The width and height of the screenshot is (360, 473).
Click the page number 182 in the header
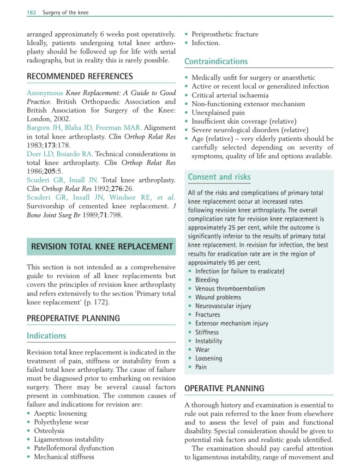click(x=31, y=12)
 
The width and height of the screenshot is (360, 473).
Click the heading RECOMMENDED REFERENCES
click(x=79, y=76)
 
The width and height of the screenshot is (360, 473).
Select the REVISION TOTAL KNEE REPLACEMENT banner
click(x=102, y=247)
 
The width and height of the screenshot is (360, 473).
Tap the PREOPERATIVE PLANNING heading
click(x=73, y=318)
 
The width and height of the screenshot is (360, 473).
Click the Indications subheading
click(x=46, y=336)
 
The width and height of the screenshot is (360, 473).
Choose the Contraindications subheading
click(x=216, y=61)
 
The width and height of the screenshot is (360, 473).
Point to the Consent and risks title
click(x=219, y=177)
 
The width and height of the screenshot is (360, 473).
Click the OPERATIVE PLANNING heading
click(x=224, y=388)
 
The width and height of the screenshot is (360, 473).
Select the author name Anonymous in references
click(x=45, y=93)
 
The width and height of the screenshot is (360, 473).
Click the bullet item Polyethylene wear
click(x=61, y=422)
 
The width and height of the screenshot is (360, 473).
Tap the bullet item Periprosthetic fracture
click(x=225, y=34)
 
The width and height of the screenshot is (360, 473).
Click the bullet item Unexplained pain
click(x=218, y=112)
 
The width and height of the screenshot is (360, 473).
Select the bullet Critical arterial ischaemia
click(x=230, y=95)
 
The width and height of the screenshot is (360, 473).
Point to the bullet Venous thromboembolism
click(x=230, y=289)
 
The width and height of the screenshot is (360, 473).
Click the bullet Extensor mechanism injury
click(x=231, y=323)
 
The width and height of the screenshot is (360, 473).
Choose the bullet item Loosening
click(x=208, y=358)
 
